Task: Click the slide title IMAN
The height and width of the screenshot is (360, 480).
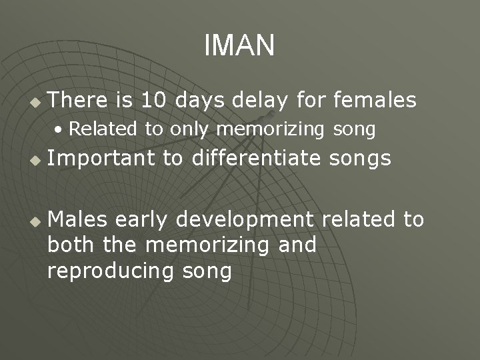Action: coord(239,46)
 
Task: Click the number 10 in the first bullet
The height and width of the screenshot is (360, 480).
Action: coord(155,101)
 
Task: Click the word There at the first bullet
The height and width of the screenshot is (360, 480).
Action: coord(78,101)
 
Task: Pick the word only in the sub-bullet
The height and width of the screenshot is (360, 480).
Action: coord(189,129)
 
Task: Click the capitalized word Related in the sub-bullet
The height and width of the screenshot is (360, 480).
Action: coord(103,129)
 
